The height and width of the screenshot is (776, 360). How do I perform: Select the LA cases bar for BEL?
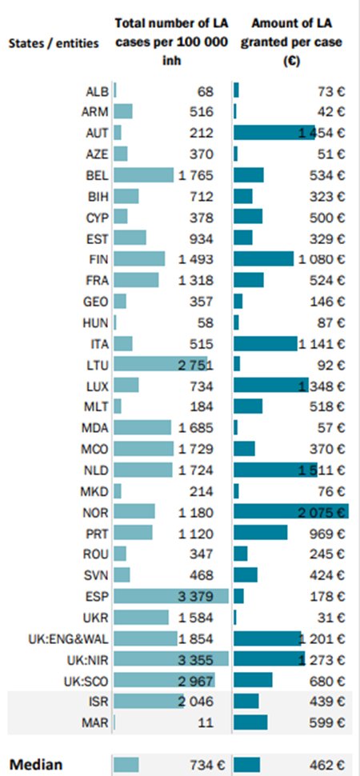click(x=144, y=174)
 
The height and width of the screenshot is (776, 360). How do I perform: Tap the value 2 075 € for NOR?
click(x=323, y=510)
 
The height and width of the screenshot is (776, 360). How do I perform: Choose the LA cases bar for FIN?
click(x=140, y=258)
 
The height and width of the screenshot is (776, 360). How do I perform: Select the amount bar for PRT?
click(x=261, y=532)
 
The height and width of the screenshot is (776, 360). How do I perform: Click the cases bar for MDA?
click(x=143, y=426)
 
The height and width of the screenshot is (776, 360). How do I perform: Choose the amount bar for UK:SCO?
click(x=254, y=679)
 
